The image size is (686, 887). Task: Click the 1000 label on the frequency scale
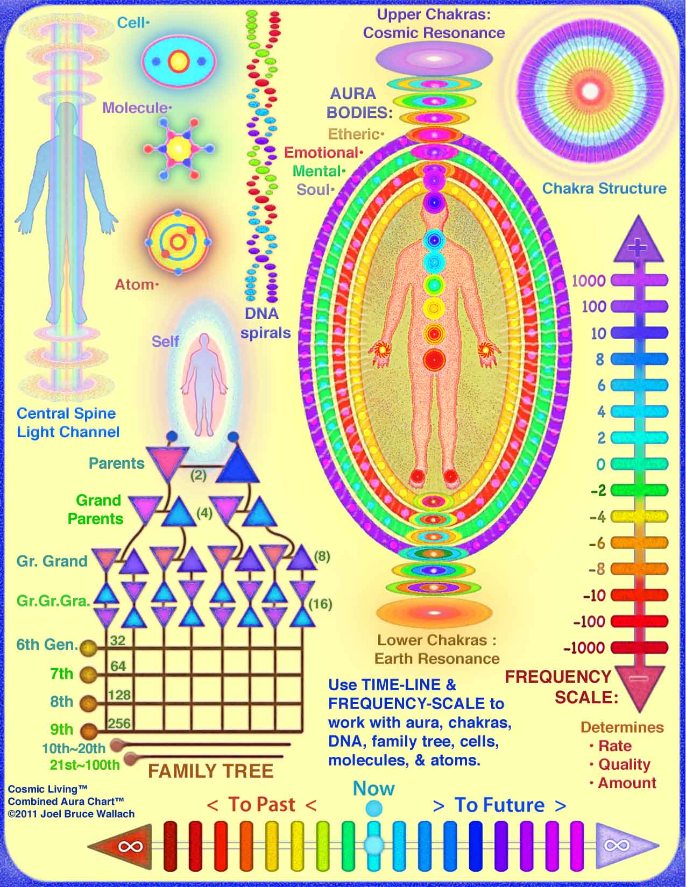(x=589, y=281)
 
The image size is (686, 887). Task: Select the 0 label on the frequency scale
(x=600, y=464)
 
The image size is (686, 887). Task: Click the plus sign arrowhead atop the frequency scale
(x=638, y=243)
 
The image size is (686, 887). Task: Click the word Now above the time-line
(x=374, y=789)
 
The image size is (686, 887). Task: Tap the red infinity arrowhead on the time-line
(x=125, y=846)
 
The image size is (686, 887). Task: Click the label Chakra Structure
(x=604, y=188)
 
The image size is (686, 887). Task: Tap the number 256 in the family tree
(x=119, y=723)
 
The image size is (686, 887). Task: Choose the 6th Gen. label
(x=47, y=645)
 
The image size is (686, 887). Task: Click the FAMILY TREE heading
(x=210, y=771)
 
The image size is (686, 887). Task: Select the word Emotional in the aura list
(x=321, y=153)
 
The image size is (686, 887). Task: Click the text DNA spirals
(x=266, y=323)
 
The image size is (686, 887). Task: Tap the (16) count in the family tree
(x=320, y=604)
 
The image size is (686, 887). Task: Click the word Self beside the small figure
(x=165, y=341)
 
